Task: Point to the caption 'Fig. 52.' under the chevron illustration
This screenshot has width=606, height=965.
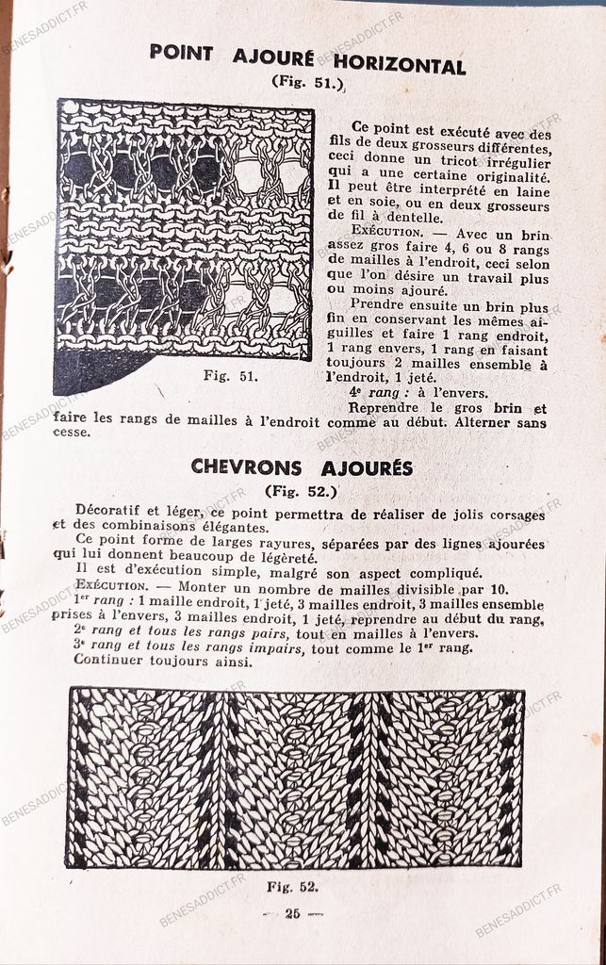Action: (291, 886)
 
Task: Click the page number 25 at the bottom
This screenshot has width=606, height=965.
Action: (291, 912)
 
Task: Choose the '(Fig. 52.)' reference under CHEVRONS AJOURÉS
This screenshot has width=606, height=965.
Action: (301, 490)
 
